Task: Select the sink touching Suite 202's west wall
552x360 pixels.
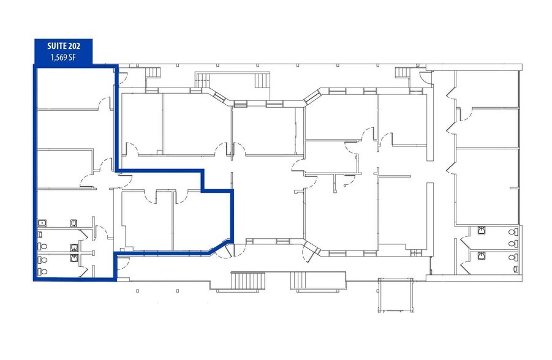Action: (42, 223)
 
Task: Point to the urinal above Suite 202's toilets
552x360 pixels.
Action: (74, 223)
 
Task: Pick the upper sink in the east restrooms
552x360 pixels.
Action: (481, 230)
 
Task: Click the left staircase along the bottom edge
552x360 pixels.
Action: (249, 281)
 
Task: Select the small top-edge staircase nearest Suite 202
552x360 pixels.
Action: (154, 72)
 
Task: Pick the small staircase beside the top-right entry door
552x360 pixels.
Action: (403, 72)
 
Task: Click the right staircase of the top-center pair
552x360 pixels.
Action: (262, 80)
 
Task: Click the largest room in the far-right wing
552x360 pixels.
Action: (488, 186)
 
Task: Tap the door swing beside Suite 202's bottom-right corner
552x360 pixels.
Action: (122, 263)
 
